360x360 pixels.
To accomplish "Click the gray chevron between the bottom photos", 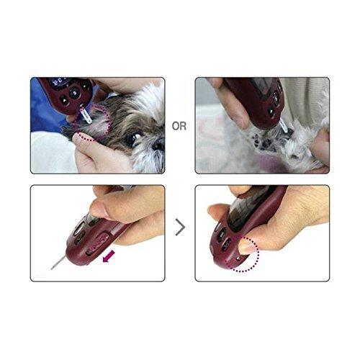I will tap(180, 228).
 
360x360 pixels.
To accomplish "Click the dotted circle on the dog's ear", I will tap(94, 122).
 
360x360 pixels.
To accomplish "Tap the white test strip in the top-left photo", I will tap(84, 113).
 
